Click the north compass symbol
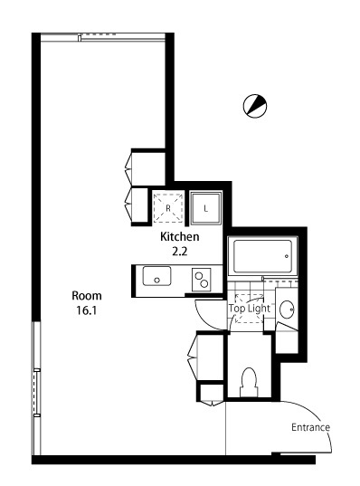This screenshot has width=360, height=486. coord(255,106)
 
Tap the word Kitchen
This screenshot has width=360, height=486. coord(180,237)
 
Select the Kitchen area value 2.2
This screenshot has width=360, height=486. coord(180,252)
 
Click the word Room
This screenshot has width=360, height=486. coord(87,296)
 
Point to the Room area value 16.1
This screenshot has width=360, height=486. coord(87,310)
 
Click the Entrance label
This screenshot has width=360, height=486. coord(311,427)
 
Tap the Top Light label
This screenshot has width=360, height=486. coord(250,309)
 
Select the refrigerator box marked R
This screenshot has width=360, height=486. coord(168,207)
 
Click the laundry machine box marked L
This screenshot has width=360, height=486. coord(205,208)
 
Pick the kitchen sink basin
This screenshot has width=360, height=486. coord(156,276)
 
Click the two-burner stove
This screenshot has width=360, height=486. coord(202,280)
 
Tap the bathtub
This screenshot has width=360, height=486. coord(262,256)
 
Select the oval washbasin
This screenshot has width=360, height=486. coord(287,310)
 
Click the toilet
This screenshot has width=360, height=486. coord(249,382)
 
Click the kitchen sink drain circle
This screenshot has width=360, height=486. coord(157,281)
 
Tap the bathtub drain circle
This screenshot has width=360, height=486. coord(287,256)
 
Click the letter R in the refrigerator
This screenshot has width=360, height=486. coord(168,208)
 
